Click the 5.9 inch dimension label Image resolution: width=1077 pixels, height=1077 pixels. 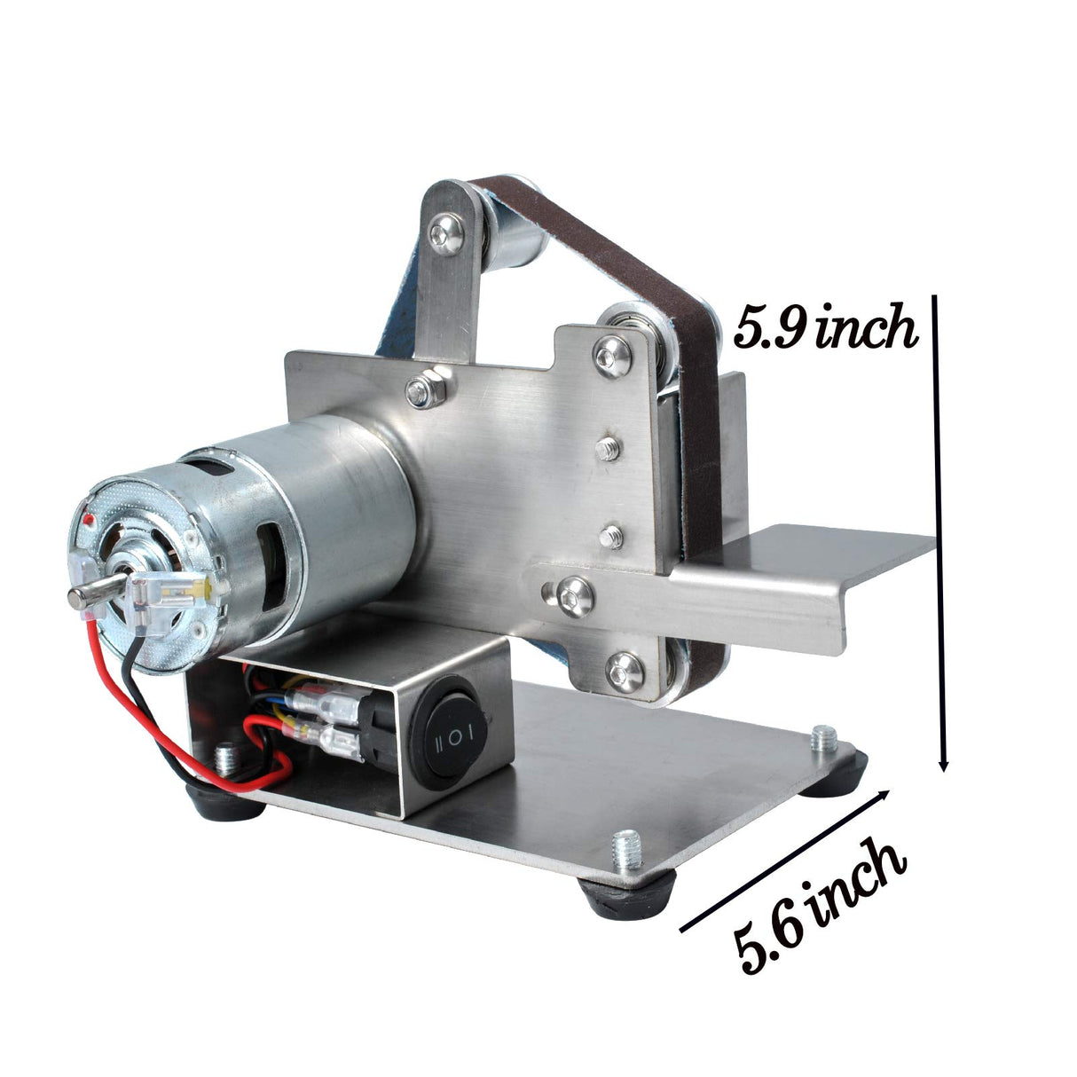coord(824,329)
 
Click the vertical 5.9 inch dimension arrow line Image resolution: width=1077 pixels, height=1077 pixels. coord(940,532)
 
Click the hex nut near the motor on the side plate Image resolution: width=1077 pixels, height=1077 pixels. coord(424,389)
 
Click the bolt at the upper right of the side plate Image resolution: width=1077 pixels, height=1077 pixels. coord(612,356)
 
